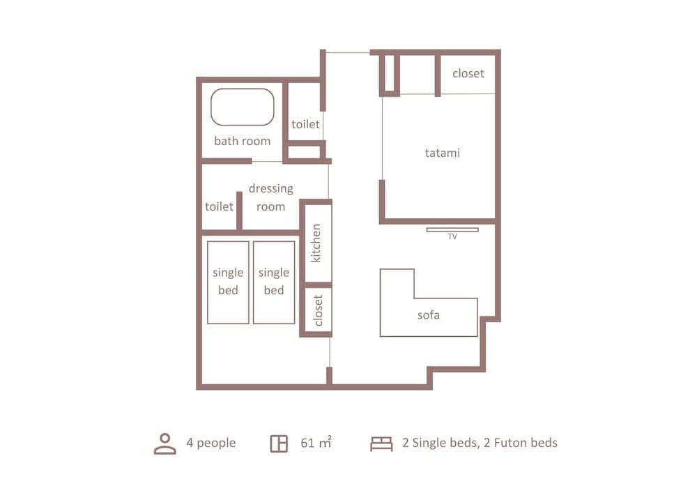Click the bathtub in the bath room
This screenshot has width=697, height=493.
[242, 107]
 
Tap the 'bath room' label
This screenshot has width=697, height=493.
[242, 141]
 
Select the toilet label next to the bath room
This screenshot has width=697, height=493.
[305, 124]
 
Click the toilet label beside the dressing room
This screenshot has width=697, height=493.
[219, 206]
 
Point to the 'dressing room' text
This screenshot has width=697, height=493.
[270, 197]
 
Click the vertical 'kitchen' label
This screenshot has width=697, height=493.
[316, 243]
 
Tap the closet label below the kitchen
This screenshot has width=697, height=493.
[318, 310]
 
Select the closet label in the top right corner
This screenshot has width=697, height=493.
[468, 73]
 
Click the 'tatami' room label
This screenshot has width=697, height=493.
[442, 152]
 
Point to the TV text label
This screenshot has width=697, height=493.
[452, 237]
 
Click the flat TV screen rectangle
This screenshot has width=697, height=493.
[452, 229]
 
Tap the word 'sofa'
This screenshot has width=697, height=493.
[428, 315]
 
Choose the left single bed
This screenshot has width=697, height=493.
[228, 282]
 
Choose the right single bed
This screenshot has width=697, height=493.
[274, 282]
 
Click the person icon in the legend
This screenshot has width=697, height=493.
[164, 443]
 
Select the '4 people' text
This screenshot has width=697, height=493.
[210, 443]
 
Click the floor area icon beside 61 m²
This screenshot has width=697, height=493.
[279, 443]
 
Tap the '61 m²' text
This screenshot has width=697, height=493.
[316, 443]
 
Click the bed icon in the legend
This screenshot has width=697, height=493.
[381, 443]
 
